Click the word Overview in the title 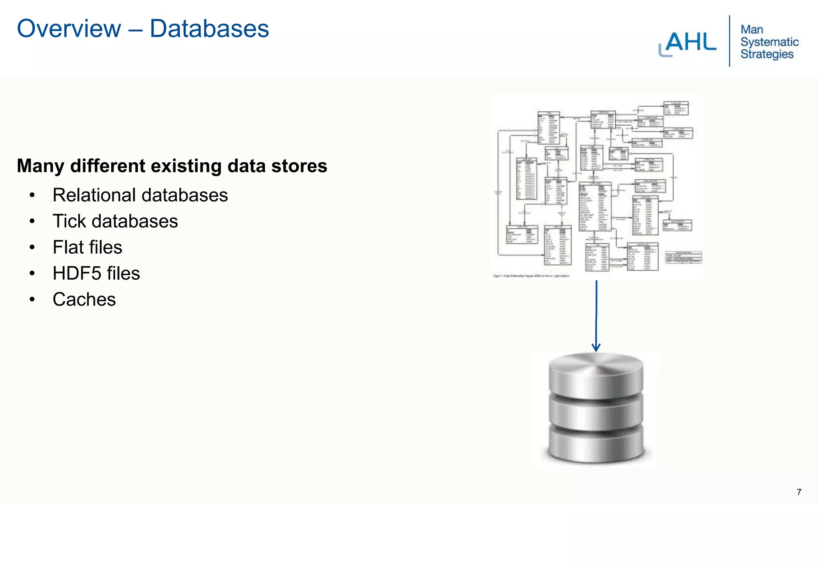(69, 29)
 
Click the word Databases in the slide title (209, 29)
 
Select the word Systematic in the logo (769, 42)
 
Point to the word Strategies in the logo (767, 54)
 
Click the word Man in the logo (752, 30)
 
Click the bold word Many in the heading (40, 166)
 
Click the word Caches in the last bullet (84, 299)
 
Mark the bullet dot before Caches (32, 299)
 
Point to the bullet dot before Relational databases (32, 195)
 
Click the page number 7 (799, 492)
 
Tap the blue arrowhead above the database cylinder (596, 347)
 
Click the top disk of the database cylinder (596, 374)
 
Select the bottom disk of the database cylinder (596, 444)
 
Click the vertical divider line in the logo (729, 41)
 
